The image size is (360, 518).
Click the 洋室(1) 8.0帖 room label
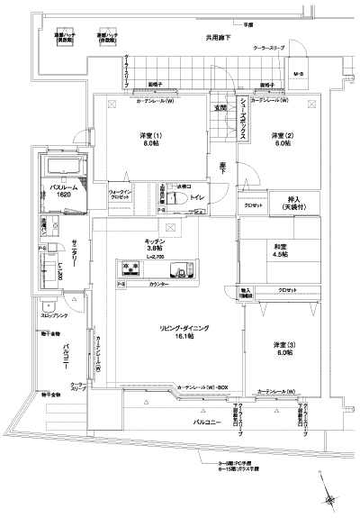[x=148, y=140]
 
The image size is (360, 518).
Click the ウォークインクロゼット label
[x=122, y=195]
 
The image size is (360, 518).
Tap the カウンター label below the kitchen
[x=159, y=285]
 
